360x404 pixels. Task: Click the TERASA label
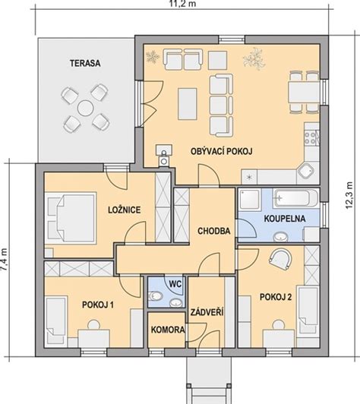point(85,63)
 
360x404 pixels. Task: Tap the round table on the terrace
point(85,108)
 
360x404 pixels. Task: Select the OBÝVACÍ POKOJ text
point(221,151)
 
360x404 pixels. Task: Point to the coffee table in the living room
point(188,103)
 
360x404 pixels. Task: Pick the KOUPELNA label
point(285,219)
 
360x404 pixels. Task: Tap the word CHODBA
point(214,231)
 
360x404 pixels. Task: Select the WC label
point(175,284)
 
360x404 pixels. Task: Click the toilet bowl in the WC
point(156,296)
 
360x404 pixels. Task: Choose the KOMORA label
point(168,330)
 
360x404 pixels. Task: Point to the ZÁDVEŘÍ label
point(207,312)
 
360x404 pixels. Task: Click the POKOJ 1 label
point(98,305)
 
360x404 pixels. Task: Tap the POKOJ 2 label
point(276,297)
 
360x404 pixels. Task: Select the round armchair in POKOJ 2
point(280,259)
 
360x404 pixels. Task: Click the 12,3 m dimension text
point(349,195)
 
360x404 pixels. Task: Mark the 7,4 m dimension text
point(5,260)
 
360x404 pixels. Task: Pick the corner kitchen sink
point(306,172)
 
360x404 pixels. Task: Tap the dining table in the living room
point(304,92)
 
